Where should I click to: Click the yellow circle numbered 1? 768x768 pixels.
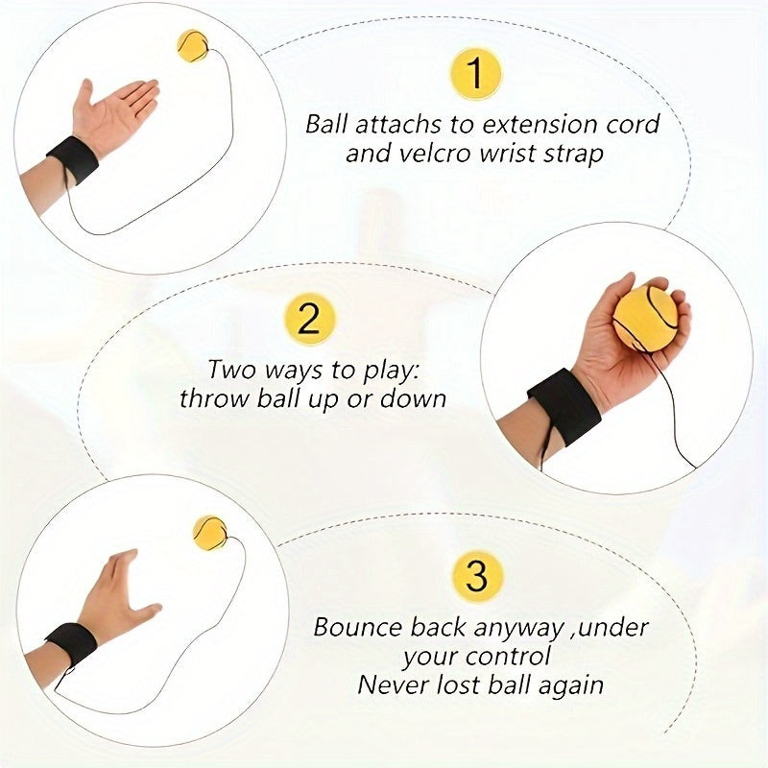point(475,74)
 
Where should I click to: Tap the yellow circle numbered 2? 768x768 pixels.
point(309,319)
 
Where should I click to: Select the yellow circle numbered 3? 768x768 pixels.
point(476,576)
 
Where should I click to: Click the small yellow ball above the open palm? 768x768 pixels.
point(192,45)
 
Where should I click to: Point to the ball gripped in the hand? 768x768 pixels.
point(645,318)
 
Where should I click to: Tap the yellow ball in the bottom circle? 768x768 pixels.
point(210,534)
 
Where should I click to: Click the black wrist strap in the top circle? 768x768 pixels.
point(73,159)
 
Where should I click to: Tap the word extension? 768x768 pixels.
point(540,125)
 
